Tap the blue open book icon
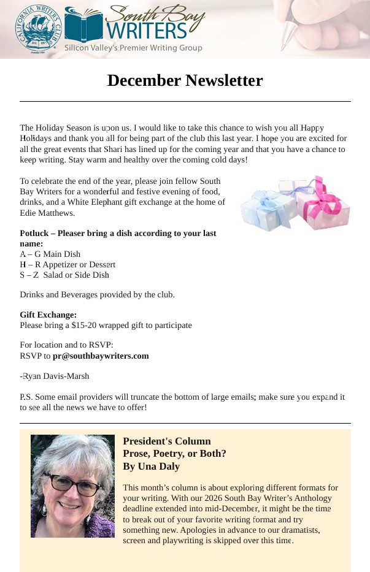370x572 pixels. tap(83, 25)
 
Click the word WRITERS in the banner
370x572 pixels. tap(145, 30)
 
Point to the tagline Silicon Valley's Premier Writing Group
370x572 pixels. tap(133, 48)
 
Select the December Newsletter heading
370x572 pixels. tap(185, 80)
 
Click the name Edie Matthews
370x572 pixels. tap(47, 213)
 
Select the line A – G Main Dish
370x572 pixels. tap(50, 254)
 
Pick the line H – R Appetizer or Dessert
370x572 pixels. tap(67, 264)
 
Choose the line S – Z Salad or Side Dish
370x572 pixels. tap(64, 275)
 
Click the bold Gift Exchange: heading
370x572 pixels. tap(48, 315)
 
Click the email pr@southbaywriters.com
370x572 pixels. tap(101, 356)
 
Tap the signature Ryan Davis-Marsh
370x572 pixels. tap(55, 376)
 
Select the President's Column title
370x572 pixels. tap(166, 441)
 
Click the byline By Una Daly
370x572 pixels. tap(151, 466)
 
